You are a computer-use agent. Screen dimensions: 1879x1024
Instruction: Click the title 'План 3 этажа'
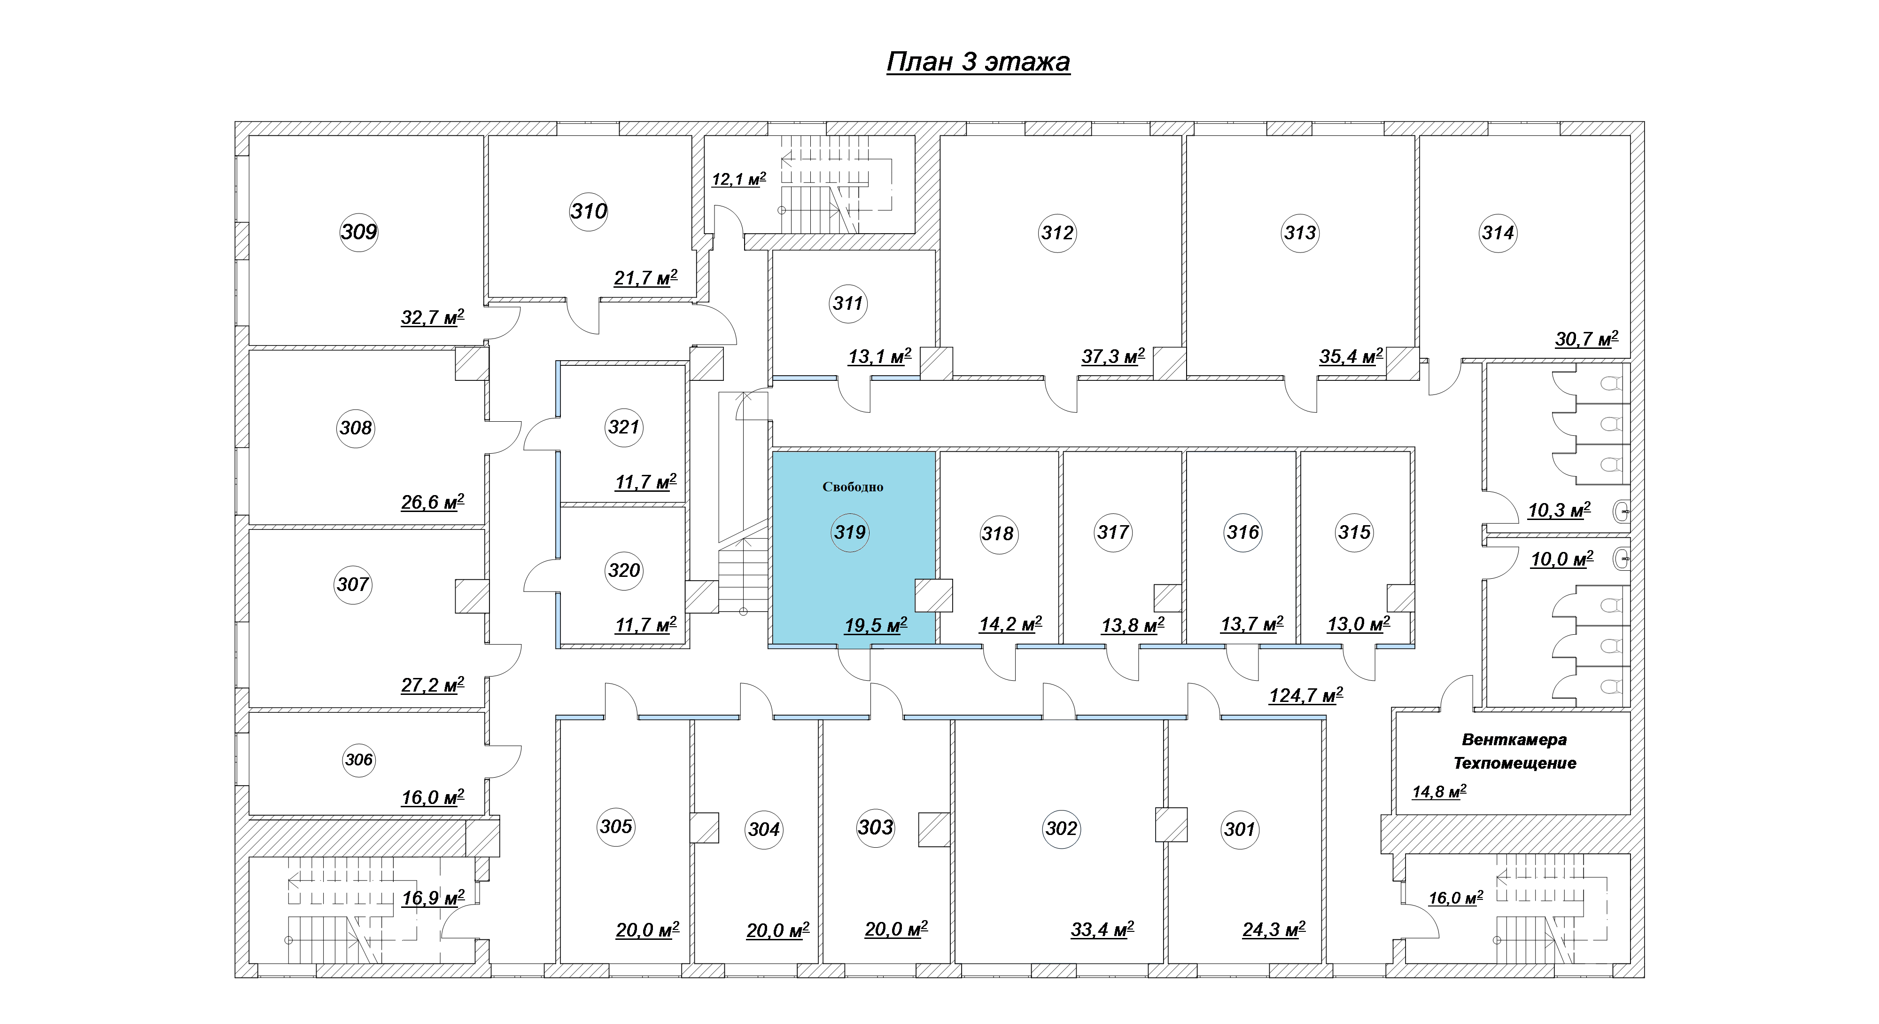click(978, 62)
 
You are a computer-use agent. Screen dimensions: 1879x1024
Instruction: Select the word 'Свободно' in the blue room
click(853, 487)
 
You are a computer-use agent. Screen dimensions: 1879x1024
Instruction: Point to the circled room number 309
click(359, 232)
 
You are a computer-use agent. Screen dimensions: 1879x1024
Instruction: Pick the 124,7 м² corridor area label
click(1306, 695)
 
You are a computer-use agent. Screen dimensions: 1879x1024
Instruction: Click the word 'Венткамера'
click(1514, 740)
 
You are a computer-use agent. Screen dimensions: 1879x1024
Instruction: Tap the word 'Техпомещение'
click(1515, 764)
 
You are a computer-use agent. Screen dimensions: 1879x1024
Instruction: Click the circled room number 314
click(1498, 233)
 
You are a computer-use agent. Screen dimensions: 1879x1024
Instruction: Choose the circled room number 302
click(1061, 828)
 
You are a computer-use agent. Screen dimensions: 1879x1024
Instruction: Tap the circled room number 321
click(624, 427)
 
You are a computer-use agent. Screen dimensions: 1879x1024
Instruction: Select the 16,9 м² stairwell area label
click(433, 898)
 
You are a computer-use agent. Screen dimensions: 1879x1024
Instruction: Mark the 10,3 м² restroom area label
click(1560, 510)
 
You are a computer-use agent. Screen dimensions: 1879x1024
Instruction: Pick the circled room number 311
click(847, 303)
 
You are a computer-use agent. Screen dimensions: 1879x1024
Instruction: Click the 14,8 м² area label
click(1439, 792)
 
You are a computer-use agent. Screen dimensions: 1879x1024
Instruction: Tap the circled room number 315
click(1355, 532)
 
